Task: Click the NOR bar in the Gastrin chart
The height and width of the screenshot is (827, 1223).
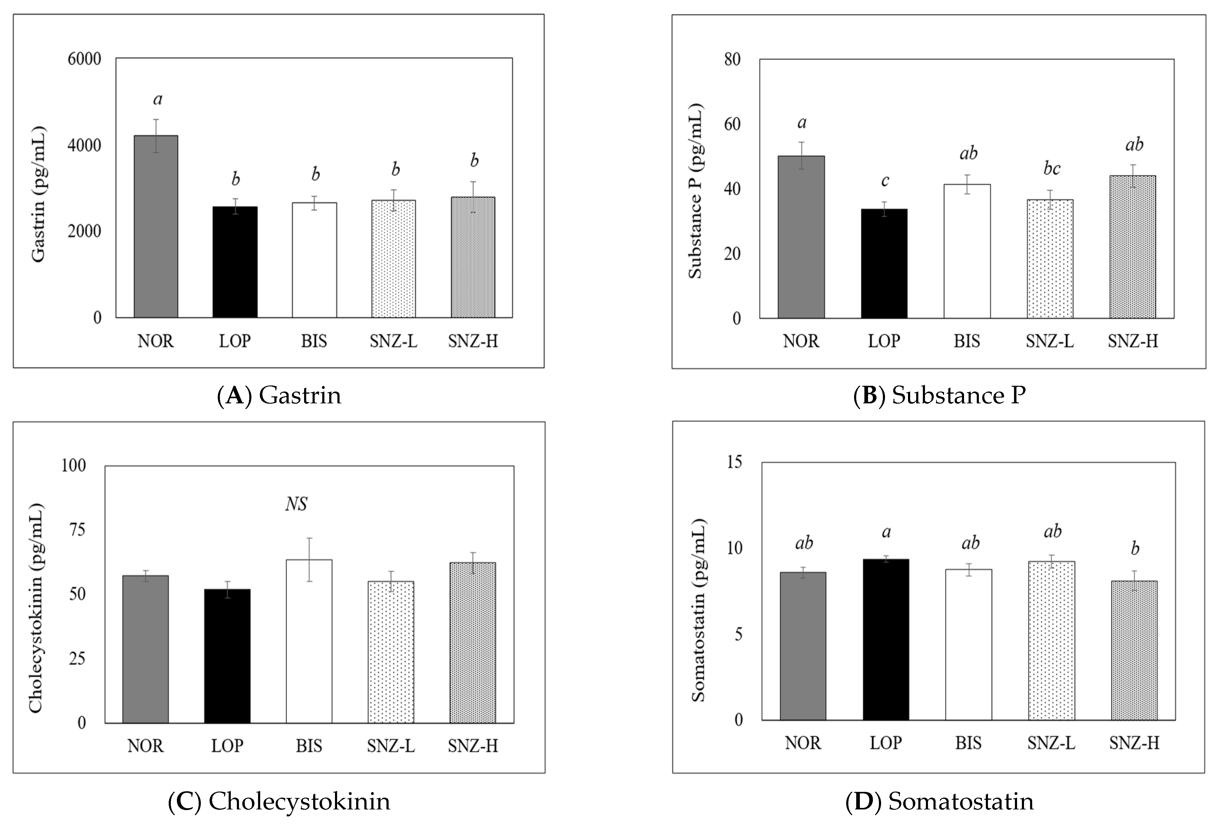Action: point(156,226)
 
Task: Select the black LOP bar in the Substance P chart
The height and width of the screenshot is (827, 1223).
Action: point(884,263)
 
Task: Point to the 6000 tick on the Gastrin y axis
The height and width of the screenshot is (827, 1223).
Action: point(84,59)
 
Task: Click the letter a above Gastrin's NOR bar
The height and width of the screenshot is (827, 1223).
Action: point(157,99)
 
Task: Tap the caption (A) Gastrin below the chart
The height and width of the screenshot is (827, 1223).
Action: point(279,395)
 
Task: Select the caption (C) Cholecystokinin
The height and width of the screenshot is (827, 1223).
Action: point(279,801)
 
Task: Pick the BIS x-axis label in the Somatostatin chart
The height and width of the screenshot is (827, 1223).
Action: point(968,743)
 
